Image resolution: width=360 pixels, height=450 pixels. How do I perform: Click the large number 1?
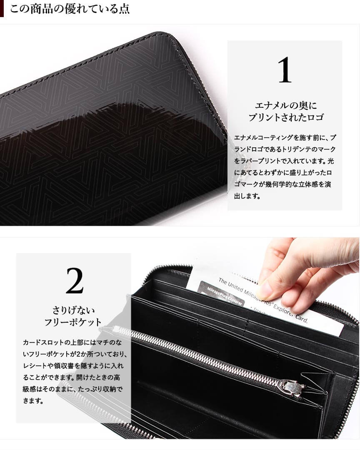[285, 70]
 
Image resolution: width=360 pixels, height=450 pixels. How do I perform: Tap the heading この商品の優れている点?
[70, 9]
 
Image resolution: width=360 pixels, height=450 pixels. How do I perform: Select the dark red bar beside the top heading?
[2, 9]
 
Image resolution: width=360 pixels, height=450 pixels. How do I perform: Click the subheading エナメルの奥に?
[285, 106]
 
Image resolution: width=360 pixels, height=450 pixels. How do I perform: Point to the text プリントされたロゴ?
[285, 117]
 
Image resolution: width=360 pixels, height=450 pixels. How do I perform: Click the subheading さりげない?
[73, 310]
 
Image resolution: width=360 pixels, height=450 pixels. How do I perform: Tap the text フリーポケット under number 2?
[73, 322]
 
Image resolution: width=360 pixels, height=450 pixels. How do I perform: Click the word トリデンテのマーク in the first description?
[308, 149]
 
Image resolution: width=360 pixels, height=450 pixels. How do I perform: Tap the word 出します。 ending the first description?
[247, 196]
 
